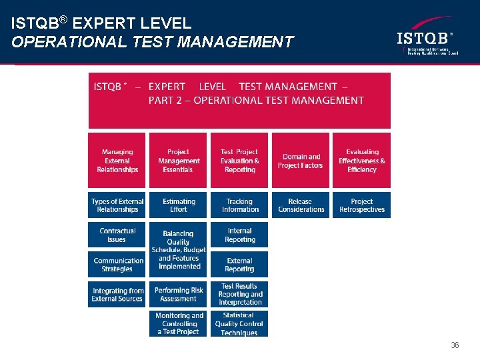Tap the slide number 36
click(x=455, y=345)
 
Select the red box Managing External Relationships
click(x=117, y=161)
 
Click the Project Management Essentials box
click(x=178, y=161)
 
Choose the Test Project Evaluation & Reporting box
click(x=239, y=161)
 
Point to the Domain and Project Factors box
click(x=300, y=161)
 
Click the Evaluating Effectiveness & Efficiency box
click(x=361, y=161)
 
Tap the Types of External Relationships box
click(x=117, y=205)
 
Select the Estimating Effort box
click(x=178, y=205)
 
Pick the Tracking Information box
click(x=239, y=205)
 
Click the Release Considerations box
click(x=300, y=205)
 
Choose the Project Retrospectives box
click(x=361, y=205)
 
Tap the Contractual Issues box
click(x=117, y=235)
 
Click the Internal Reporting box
click(x=239, y=235)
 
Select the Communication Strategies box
click(x=117, y=265)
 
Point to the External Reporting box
click(x=239, y=265)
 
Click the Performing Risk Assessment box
click(x=178, y=294)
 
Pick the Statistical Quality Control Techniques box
click(x=239, y=324)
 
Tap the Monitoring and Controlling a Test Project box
click(x=178, y=324)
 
